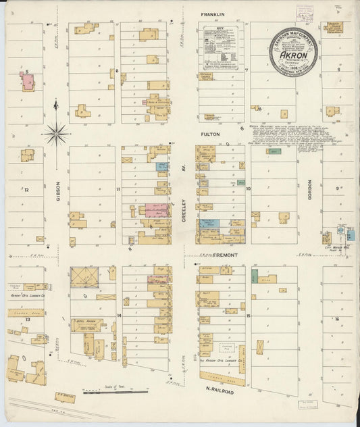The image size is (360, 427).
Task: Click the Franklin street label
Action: click(x=212, y=14)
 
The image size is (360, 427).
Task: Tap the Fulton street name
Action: click(x=211, y=134)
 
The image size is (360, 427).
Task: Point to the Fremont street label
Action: click(x=219, y=255)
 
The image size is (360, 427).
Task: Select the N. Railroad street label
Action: click(x=220, y=390)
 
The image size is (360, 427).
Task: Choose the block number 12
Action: click(x=26, y=190)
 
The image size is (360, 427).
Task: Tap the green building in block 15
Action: click(x=255, y=276)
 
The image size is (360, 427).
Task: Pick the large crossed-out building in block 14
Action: click(x=84, y=276)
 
